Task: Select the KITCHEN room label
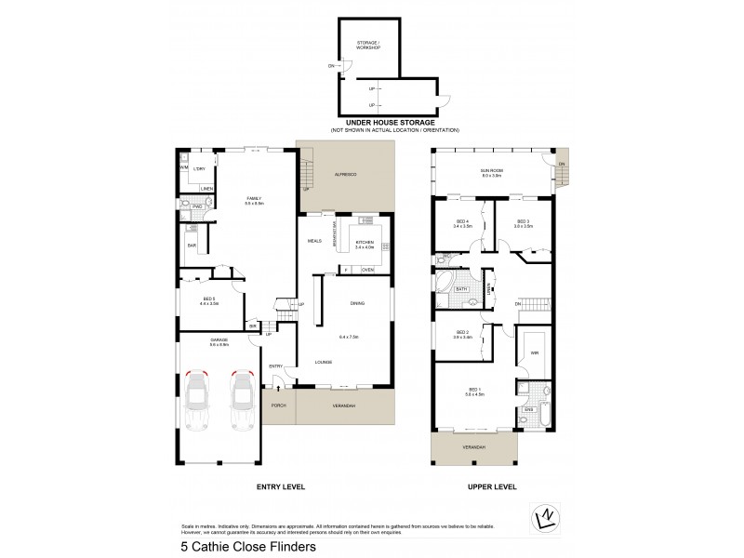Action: (365, 244)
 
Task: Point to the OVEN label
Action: (368, 270)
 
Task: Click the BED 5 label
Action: (208, 299)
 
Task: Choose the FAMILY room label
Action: (254, 199)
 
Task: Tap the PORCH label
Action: (278, 406)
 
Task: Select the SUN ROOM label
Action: (491, 172)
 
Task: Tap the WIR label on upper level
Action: (535, 353)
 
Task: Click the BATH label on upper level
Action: (461, 289)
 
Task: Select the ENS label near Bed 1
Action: (528, 408)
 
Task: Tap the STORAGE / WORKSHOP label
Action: (369, 46)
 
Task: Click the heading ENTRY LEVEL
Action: (280, 486)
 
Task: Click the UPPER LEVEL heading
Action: (474, 486)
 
